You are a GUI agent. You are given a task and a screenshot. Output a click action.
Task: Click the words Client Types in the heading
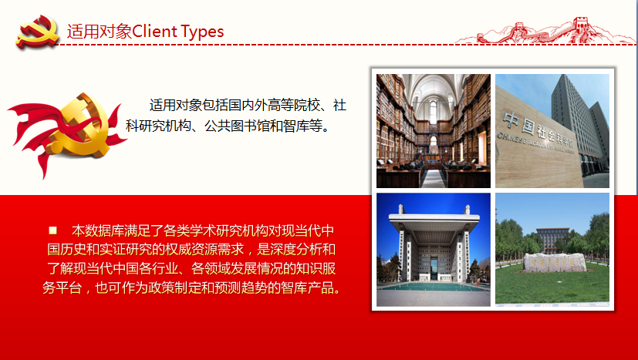click(x=178, y=32)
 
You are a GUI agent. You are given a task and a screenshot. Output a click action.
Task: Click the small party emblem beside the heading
click(x=37, y=32)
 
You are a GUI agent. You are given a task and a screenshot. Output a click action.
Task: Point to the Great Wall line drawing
click(x=545, y=31)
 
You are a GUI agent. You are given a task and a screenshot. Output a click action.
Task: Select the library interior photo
click(x=434, y=130)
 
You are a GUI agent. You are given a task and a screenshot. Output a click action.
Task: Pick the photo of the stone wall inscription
click(x=552, y=130)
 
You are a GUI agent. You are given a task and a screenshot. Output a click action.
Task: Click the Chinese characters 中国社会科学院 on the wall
click(x=539, y=131)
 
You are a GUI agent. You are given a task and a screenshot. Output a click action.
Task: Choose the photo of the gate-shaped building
click(x=434, y=249)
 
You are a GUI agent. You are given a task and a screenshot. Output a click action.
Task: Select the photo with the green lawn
click(x=552, y=249)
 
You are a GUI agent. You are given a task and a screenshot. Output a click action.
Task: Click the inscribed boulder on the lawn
click(x=554, y=262)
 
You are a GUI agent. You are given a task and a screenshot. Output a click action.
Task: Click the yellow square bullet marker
click(x=52, y=230)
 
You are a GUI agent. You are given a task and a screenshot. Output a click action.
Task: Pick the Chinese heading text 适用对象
click(x=100, y=32)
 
